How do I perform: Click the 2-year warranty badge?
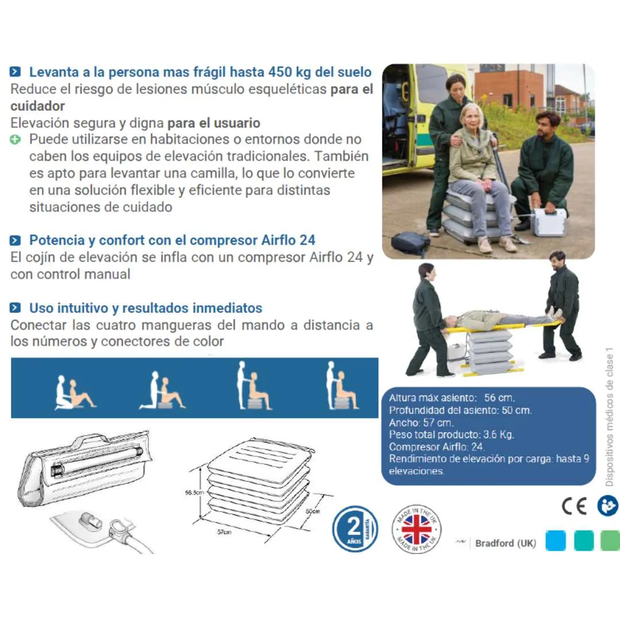coord(355,528)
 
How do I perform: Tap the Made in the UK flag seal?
coord(416,529)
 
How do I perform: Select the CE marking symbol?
coord(573,505)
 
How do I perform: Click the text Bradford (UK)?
coord(505,543)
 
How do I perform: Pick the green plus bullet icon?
coord(15,139)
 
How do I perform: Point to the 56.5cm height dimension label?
coord(195,493)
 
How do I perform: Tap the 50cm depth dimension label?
coord(312,510)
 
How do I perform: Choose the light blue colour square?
coord(556,541)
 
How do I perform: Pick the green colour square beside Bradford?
coord(610,541)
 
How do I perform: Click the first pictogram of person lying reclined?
coord(75,393)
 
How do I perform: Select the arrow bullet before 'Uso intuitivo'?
coord(15,308)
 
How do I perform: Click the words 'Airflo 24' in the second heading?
coord(288,241)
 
